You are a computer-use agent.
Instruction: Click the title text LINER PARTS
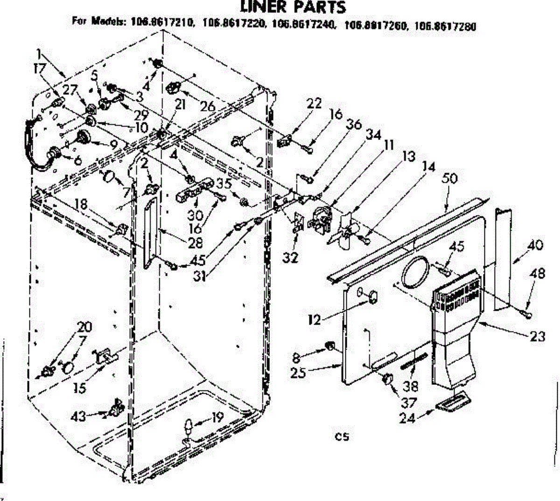pyautogui.click(x=293, y=7)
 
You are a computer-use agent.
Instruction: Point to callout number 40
pyautogui.click(x=535, y=244)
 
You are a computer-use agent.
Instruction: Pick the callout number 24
pyautogui.click(x=407, y=418)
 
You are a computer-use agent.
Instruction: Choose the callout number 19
pyautogui.click(x=217, y=417)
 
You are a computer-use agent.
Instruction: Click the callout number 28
pyautogui.click(x=196, y=242)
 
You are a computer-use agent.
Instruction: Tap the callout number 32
pyautogui.click(x=290, y=257)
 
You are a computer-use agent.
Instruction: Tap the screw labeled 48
pyautogui.click(x=528, y=315)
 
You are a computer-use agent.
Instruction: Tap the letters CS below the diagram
pyautogui.click(x=342, y=437)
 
